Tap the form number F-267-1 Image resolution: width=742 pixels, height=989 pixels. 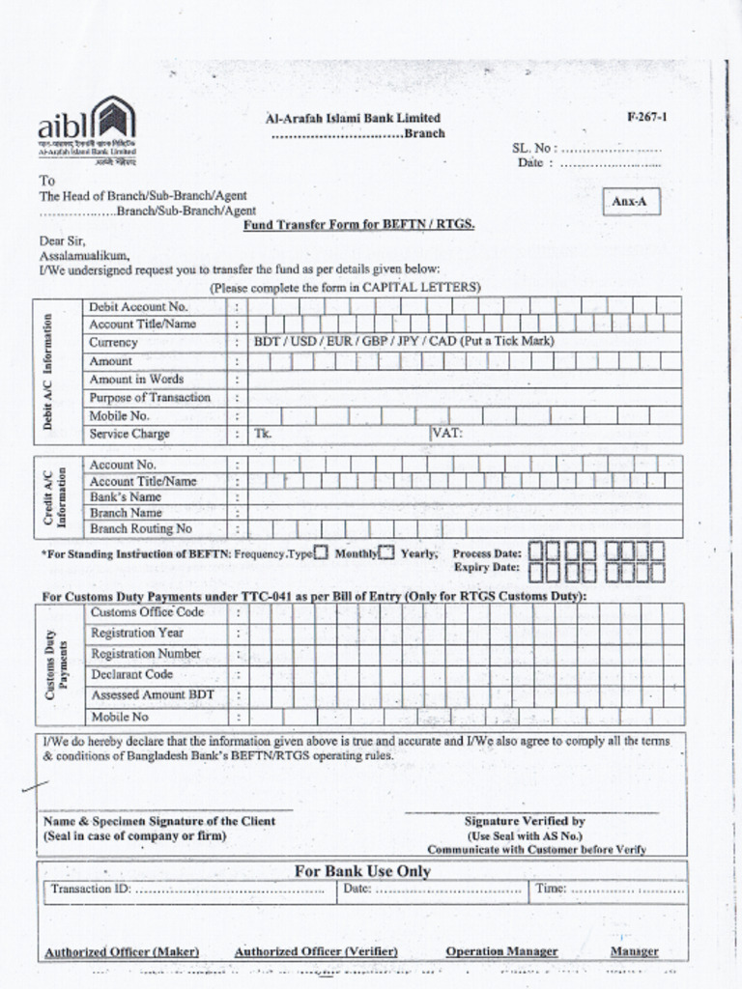point(646,117)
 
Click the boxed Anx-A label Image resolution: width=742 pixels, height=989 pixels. point(630,202)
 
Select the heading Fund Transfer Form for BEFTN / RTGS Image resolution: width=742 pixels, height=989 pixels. point(358,224)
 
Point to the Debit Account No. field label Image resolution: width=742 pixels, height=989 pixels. point(138,306)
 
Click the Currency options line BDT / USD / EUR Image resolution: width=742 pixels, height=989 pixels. point(404,342)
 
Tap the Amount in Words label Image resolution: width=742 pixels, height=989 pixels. point(136,380)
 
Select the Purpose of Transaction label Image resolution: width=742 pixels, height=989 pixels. point(150,398)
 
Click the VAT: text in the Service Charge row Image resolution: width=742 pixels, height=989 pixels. point(447,434)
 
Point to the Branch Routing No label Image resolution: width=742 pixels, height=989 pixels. point(141,529)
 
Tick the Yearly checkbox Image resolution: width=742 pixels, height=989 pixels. point(386,553)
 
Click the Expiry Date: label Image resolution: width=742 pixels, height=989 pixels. point(487,569)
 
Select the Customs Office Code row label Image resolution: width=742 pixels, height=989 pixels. point(147,612)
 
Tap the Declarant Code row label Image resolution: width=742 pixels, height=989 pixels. point(132,674)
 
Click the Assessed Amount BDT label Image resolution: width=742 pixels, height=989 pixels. point(153,695)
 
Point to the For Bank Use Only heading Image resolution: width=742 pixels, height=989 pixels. point(362,871)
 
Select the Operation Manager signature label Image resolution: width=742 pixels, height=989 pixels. point(501,951)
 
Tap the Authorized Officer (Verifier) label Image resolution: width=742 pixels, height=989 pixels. point(316,951)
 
